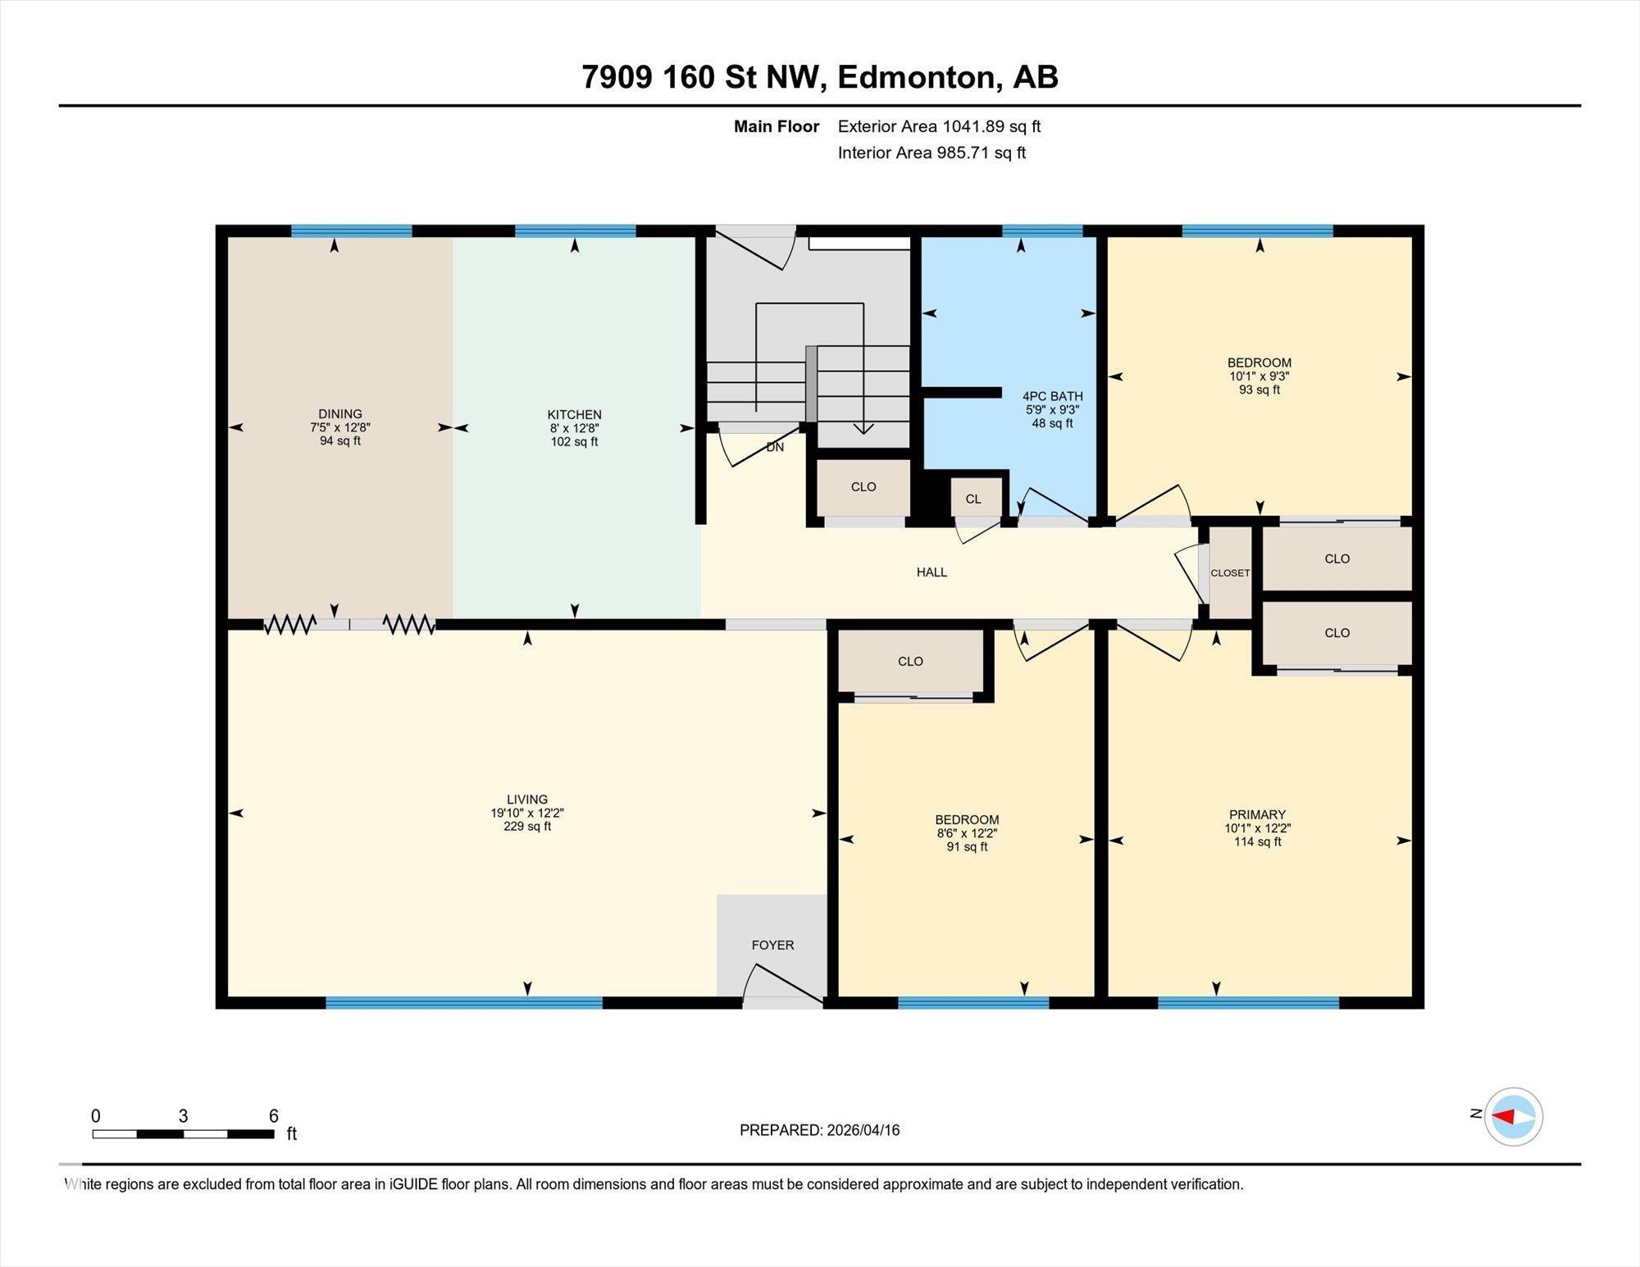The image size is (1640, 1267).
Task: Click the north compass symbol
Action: pos(1513,1116)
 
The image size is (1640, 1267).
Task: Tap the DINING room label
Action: pos(340,414)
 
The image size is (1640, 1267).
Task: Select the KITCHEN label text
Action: pos(575,415)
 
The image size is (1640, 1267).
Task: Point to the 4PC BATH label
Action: pos(1053,396)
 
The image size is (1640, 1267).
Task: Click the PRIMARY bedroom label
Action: pos(1257,815)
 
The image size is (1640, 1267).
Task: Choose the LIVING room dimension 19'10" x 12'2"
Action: pos(527,813)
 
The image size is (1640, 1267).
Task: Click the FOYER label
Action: pos(772,946)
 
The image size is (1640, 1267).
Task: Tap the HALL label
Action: pos(932,572)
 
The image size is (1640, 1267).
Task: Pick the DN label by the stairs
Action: pos(775,447)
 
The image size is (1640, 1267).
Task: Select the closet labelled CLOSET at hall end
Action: pos(1230,572)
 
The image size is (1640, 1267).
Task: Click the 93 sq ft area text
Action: pos(1260,390)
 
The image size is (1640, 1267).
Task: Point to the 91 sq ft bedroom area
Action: pos(967,846)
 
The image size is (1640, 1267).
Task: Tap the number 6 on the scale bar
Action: pos(274,1115)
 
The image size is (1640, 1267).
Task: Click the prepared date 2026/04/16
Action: pos(863,1130)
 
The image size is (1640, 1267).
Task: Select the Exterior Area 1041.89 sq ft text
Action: pos(939,126)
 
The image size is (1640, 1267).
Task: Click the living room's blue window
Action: pos(464,1002)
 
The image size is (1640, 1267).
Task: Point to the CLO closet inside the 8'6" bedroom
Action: pos(910,661)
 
